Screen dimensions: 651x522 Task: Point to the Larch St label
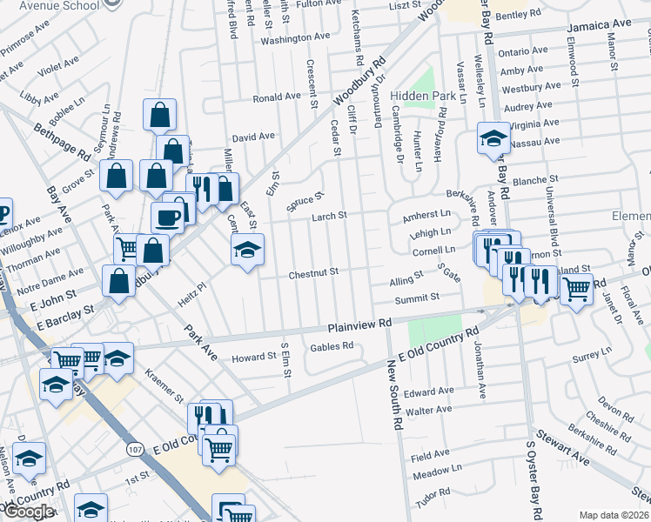click(x=330, y=215)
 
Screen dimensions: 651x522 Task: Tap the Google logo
click(x=29, y=512)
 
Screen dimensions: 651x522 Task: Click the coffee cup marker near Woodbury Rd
click(x=168, y=217)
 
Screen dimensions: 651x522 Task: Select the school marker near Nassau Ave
click(x=493, y=138)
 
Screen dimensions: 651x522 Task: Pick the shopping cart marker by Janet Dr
click(x=575, y=288)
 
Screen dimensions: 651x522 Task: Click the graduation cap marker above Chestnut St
click(x=248, y=250)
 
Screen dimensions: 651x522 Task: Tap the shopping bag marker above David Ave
click(x=160, y=114)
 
